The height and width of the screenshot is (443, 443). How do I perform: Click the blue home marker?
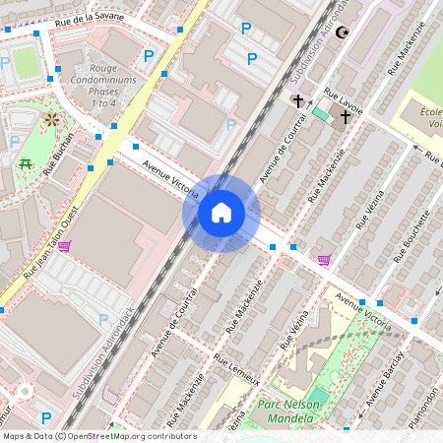pos(221,212)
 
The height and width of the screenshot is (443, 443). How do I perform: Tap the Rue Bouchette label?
pos(413,236)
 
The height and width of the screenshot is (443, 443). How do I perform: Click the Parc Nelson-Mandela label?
pos(295,411)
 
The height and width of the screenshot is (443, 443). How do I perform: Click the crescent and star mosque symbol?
pos(343,33)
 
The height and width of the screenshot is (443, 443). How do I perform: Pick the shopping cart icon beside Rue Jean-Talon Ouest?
pos(64,245)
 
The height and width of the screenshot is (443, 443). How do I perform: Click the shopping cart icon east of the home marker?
pos(324,260)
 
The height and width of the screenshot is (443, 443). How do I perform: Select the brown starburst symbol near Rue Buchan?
pos(51,120)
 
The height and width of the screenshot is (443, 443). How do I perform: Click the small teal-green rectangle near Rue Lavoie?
pos(321,113)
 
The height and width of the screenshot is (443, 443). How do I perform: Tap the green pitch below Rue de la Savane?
pos(25,63)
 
